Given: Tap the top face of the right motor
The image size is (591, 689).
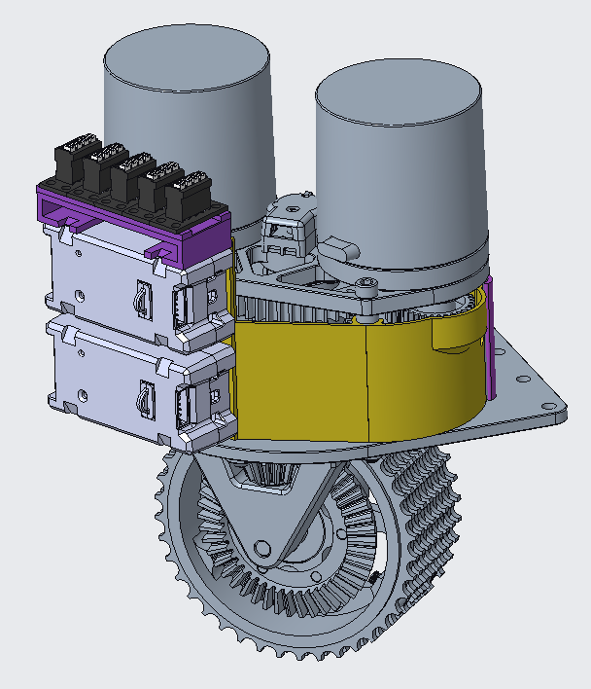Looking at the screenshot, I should (399, 92).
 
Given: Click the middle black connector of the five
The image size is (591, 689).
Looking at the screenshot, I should (129, 180).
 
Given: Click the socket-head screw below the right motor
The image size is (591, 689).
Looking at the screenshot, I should (365, 285).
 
